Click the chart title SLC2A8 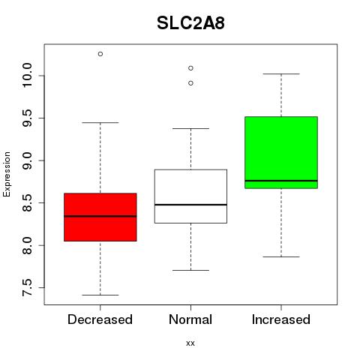pyautogui.click(x=190, y=23)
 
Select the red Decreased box pyautogui.click(x=100, y=217)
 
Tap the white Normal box pyautogui.click(x=190, y=196)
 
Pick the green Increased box pyautogui.click(x=281, y=152)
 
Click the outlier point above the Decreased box pyautogui.click(x=100, y=54)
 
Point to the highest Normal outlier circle pyautogui.click(x=190, y=68)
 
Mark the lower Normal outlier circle pyautogui.click(x=190, y=83)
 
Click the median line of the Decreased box pyautogui.click(x=100, y=216)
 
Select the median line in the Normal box pyautogui.click(x=190, y=205)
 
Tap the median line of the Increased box pyautogui.click(x=281, y=181)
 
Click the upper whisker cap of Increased pyautogui.click(x=281, y=74)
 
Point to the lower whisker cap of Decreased pyautogui.click(x=100, y=295)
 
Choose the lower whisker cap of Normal pyautogui.click(x=190, y=270)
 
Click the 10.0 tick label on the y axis pyautogui.click(x=27, y=76)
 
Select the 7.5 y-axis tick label pyautogui.click(x=27, y=288)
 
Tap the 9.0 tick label pyautogui.click(x=27, y=160)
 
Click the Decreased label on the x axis pyautogui.click(x=100, y=319)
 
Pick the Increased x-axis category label pyautogui.click(x=281, y=319)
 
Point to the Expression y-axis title pyautogui.click(x=7, y=174)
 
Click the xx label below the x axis pyautogui.click(x=190, y=343)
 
